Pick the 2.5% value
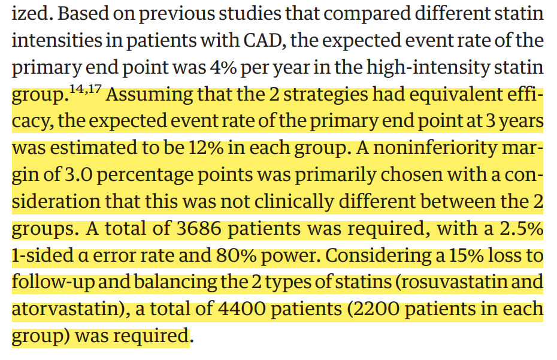click(x=522, y=228)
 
